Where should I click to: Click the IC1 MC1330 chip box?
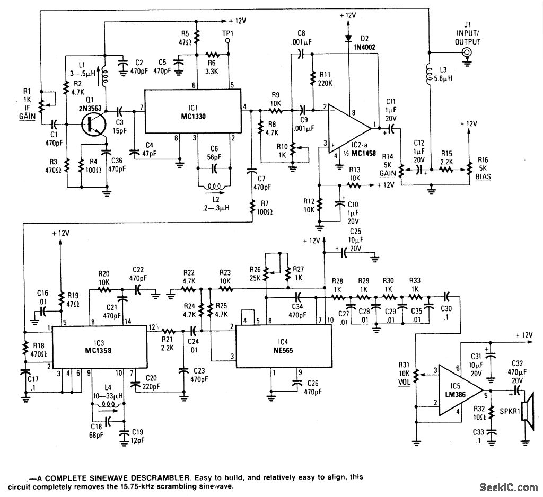coord(192,111)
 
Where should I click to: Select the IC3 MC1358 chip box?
coord(99,347)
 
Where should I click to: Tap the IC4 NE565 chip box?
coord(283,346)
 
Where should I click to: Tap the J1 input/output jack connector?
coord(467,53)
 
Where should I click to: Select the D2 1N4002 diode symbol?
coord(348,37)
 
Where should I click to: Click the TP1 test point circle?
coord(228,41)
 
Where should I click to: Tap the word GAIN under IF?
coord(28,116)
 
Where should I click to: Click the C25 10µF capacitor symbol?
coord(344,252)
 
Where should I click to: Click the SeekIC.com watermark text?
coord(509,487)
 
